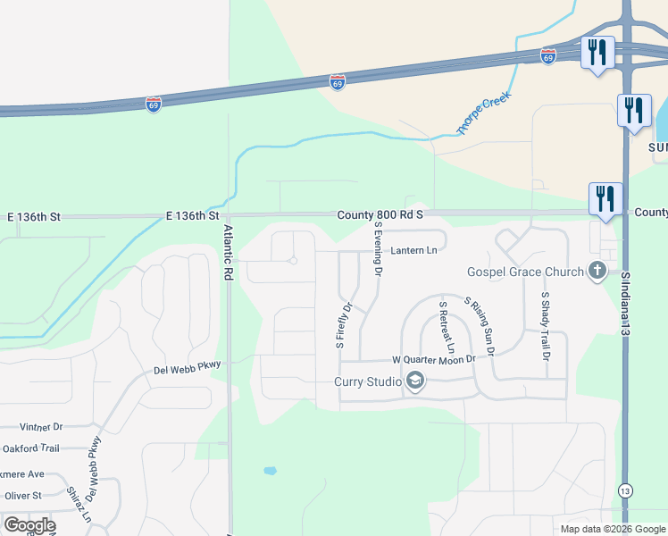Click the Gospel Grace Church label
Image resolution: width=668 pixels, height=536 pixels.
pyautogui.click(x=524, y=271)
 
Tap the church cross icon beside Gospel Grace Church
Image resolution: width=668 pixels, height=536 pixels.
pyautogui.click(x=597, y=271)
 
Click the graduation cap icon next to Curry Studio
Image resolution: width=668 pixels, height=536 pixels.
pyautogui.click(x=414, y=382)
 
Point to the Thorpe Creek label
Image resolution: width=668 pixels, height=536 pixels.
pyautogui.click(x=483, y=113)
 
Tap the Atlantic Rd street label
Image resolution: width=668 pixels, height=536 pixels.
pyautogui.click(x=228, y=254)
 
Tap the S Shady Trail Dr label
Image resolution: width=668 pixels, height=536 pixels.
pyautogui.click(x=545, y=325)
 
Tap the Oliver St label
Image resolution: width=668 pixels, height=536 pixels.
pyautogui.click(x=23, y=495)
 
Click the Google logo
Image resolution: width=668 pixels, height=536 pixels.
pyautogui.click(x=29, y=525)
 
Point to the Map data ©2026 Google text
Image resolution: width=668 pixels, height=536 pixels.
pyautogui.click(x=612, y=529)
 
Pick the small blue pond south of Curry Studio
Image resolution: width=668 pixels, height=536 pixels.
pyautogui.click(x=271, y=470)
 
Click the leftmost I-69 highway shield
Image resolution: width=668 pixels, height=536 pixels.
pyautogui.click(x=154, y=104)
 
